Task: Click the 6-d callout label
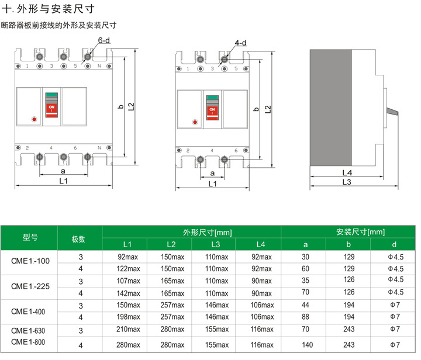coord(104,40)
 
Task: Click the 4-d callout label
coord(240,43)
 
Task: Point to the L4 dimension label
coord(346,174)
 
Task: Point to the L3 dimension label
coord(346,182)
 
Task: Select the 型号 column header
coord(30,237)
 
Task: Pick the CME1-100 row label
coord(30,262)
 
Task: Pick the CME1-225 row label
coord(30,286)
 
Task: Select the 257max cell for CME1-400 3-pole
coord(171,305)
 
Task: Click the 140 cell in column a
coord(305,345)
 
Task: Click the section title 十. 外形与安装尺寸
coord(47,10)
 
